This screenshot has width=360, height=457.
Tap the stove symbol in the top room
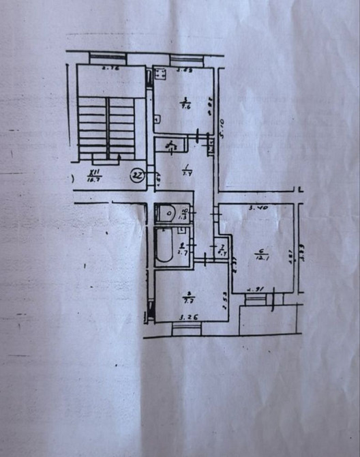click(160, 74)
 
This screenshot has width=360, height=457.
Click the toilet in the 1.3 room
click(166, 214)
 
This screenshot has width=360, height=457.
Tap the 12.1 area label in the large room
click(259, 253)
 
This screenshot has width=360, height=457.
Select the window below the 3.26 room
click(186, 329)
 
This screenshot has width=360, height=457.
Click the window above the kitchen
click(186, 59)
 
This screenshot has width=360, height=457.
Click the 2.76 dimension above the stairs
click(110, 69)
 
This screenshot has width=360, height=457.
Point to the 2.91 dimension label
click(256, 288)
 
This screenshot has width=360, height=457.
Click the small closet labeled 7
click(222, 250)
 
